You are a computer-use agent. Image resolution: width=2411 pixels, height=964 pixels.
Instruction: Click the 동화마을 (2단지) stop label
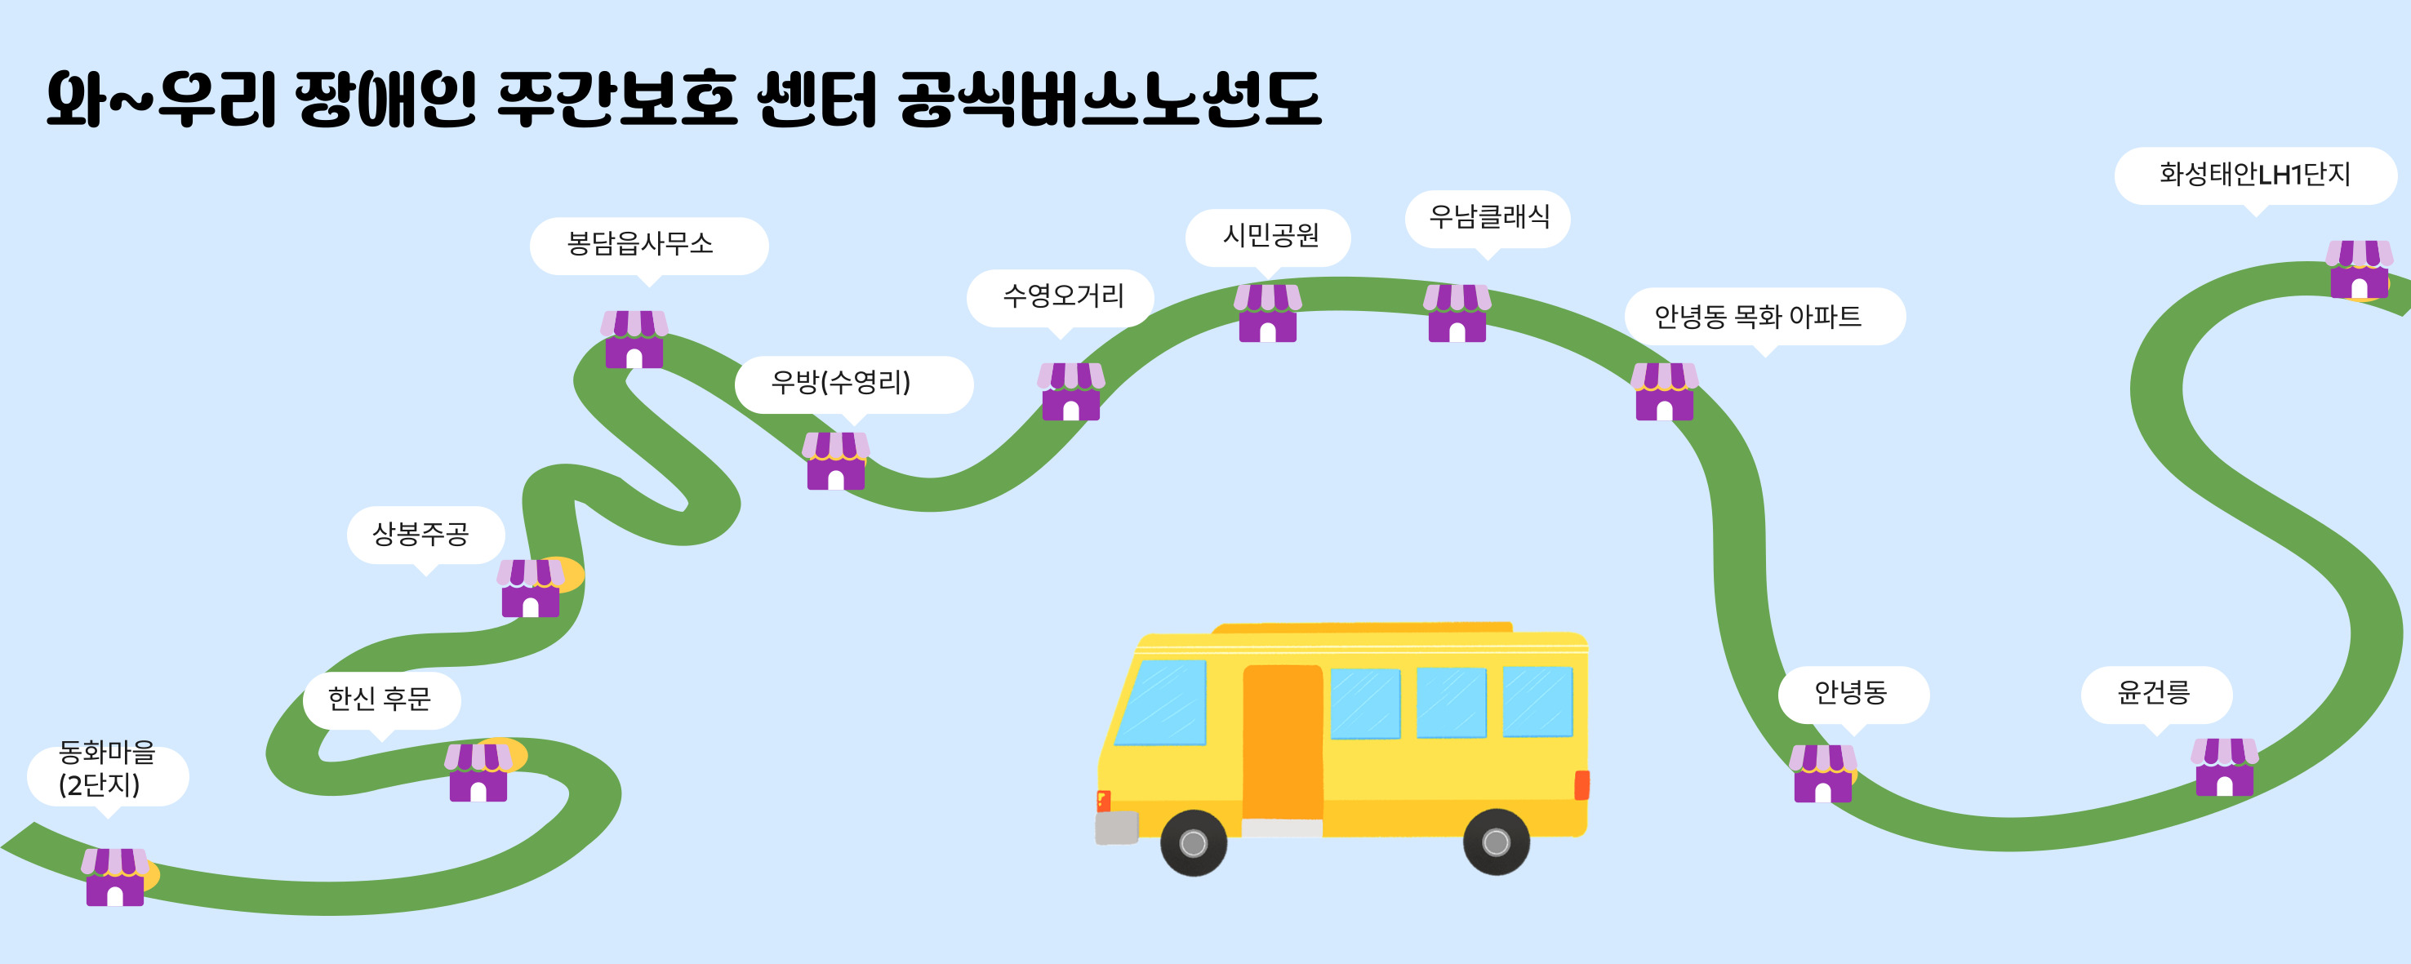(x=108, y=768)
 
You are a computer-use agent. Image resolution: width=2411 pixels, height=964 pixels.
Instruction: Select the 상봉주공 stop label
(x=423, y=535)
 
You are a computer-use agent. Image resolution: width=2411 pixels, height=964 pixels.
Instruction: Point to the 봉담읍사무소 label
(x=647, y=245)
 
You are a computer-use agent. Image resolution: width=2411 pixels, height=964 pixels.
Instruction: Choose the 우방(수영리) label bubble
(x=852, y=383)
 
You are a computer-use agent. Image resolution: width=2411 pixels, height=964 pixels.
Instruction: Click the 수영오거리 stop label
(x=1062, y=296)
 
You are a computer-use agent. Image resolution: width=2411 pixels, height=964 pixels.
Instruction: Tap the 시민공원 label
(x=1268, y=236)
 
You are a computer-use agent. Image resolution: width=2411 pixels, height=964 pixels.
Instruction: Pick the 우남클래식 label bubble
(x=1488, y=217)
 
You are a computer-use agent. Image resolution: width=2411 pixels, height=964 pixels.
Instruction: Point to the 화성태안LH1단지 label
(x=2255, y=175)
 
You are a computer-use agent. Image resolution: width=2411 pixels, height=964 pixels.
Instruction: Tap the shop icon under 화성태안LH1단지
(x=2359, y=269)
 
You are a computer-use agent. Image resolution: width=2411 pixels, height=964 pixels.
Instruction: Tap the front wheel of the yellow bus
(x=1194, y=842)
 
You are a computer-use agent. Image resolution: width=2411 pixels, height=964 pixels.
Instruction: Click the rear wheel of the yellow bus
(x=1496, y=842)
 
